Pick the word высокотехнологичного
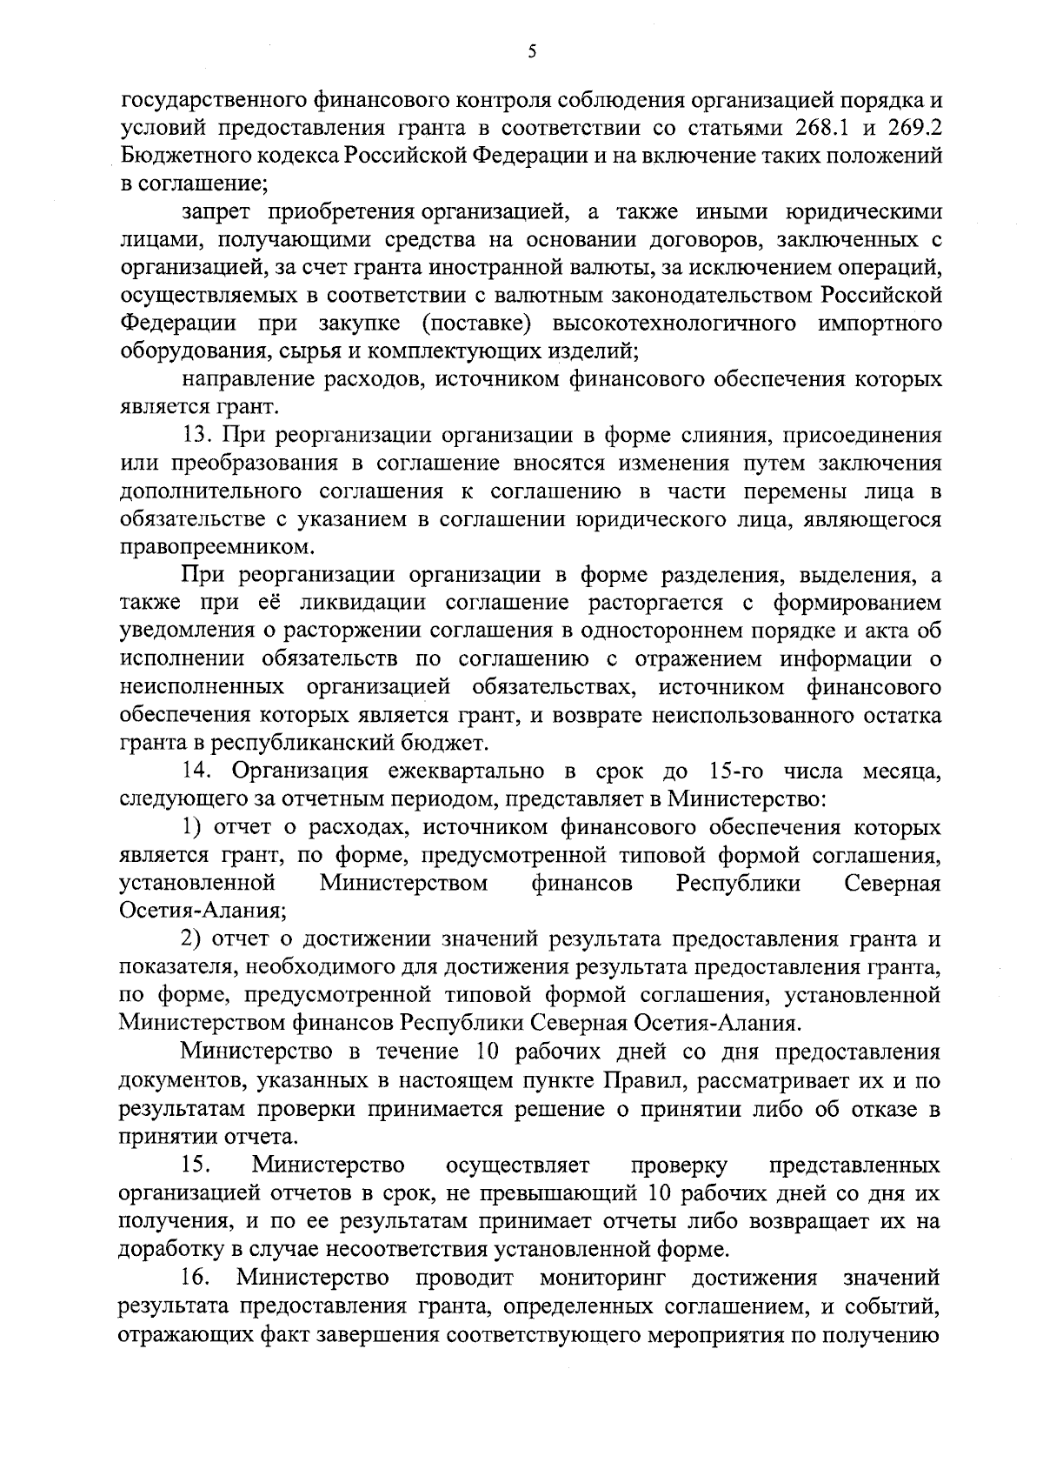(x=674, y=324)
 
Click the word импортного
(x=880, y=324)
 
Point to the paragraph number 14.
(x=196, y=771)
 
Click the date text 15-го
(x=738, y=771)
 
